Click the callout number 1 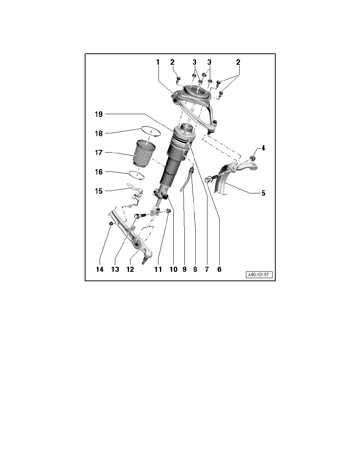click(x=158, y=62)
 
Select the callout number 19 click(x=98, y=114)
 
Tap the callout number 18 click(x=98, y=133)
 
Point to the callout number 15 click(x=98, y=191)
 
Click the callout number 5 click(x=263, y=193)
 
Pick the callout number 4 click(x=263, y=148)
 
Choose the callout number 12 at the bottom click(x=131, y=269)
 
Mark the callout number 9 click(x=184, y=269)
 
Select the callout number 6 click(x=219, y=269)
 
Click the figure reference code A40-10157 click(x=259, y=275)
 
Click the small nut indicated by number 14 click(x=111, y=224)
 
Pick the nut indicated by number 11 click(x=168, y=211)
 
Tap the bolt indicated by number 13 click(x=140, y=216)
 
